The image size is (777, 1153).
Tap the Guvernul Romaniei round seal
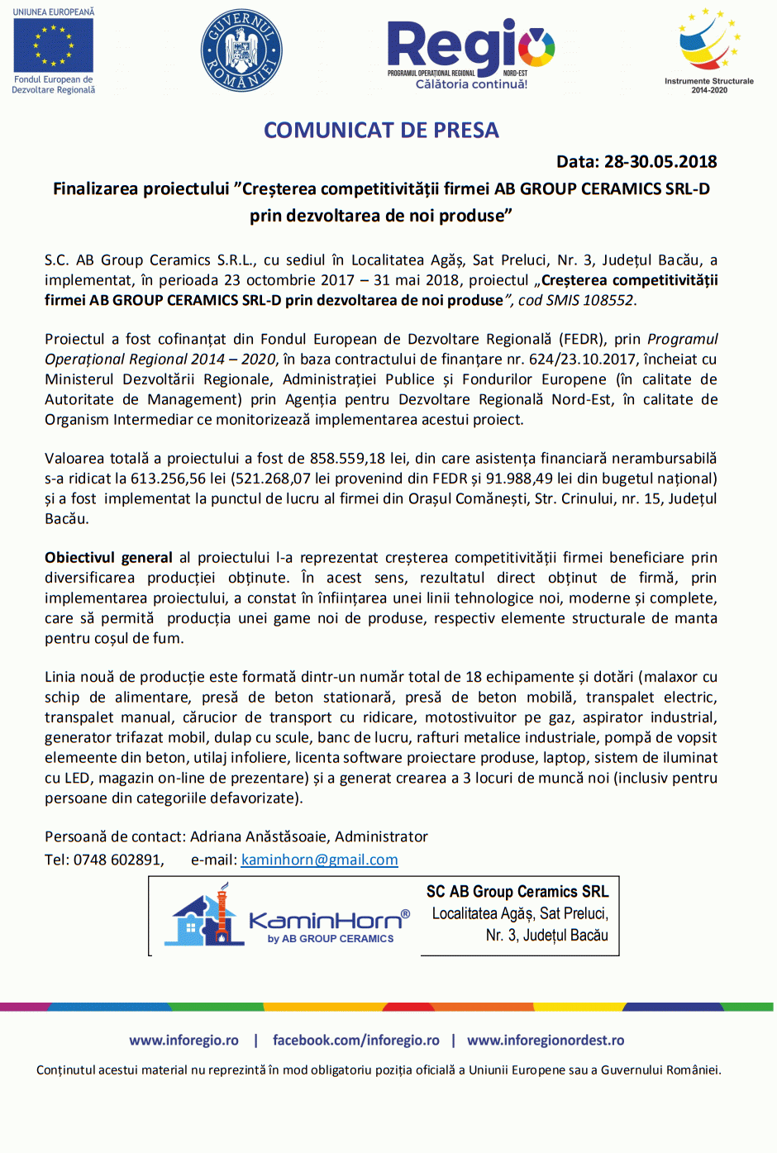point(241,50)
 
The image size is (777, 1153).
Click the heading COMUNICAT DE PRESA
point(381,131)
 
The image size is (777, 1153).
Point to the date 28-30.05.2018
point(660,162)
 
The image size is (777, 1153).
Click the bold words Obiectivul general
point(108,558)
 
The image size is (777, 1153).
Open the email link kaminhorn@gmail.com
point(319,860)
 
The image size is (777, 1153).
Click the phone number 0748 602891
point(117,860)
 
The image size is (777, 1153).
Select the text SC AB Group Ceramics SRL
point(517,892)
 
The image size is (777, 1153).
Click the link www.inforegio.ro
point(184,1041)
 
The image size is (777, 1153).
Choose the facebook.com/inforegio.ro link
point(355,1041)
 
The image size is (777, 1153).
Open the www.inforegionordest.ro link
point(546,1041)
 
